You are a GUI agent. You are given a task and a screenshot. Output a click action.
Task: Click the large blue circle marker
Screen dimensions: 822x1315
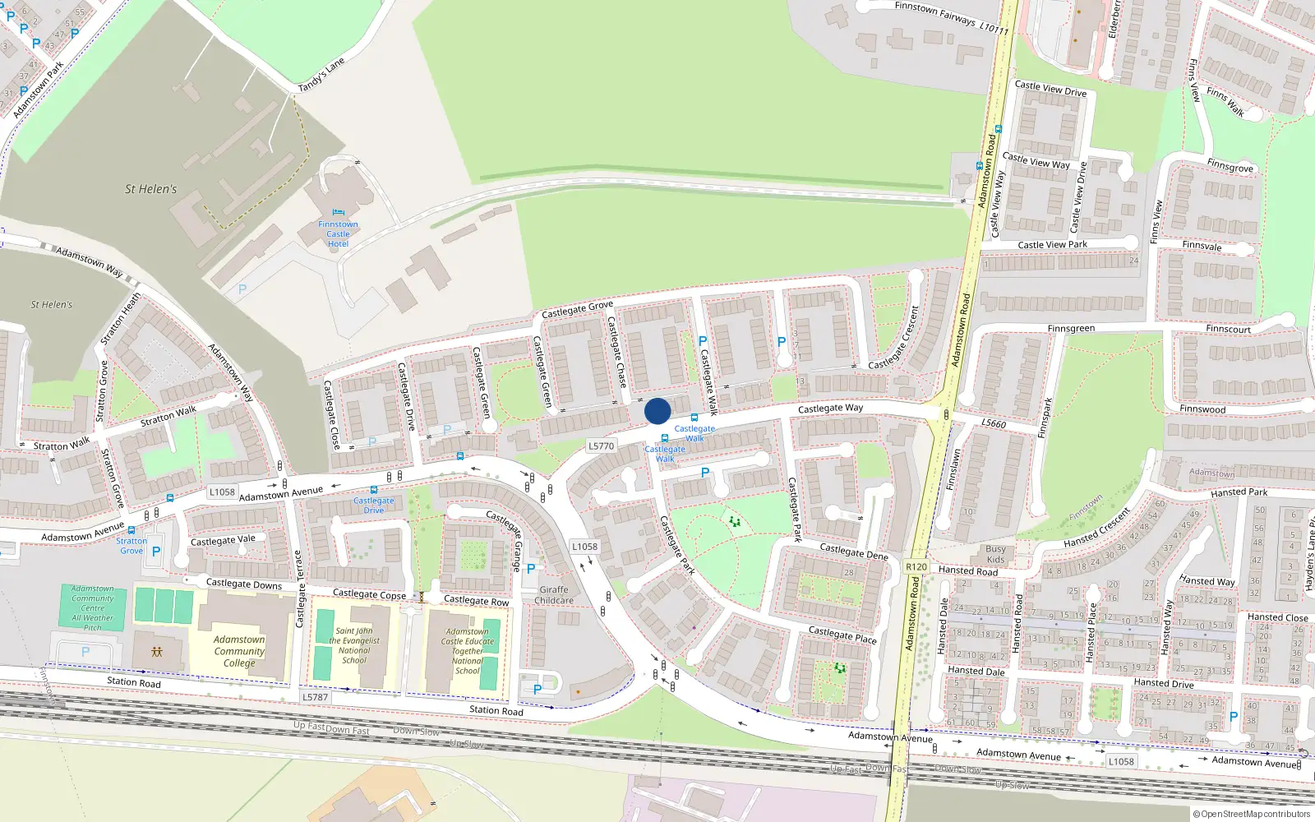pos(657,411)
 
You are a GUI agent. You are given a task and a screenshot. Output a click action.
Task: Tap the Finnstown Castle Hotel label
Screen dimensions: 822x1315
pos(338,234)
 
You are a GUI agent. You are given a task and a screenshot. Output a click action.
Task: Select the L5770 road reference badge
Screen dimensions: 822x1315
pos(601,446)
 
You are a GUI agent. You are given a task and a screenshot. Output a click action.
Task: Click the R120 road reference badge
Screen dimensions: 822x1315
pos(916,567)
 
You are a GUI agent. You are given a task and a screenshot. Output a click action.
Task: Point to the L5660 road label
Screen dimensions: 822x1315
pos(994,423)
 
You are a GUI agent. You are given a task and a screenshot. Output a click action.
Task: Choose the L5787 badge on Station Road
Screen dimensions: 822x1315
pos(315,697)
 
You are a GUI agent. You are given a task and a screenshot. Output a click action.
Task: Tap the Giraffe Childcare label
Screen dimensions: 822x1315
pos(554,595)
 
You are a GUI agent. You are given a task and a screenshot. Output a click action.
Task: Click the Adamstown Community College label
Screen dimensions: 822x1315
pos(239,651)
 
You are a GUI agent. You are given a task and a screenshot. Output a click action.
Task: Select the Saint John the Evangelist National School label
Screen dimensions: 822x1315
pos(354,645)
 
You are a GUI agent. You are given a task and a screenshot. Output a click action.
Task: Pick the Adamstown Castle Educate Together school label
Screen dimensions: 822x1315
pos(468,651)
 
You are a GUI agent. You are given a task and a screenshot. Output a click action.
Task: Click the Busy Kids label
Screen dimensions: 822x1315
pos(995,554)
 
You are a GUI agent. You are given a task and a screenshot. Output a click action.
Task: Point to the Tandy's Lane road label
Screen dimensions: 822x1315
pos(321,76)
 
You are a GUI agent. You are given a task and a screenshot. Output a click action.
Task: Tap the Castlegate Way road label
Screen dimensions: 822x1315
pos(830,408)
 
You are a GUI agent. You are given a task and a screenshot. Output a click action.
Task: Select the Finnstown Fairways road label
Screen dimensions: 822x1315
pos(951,16)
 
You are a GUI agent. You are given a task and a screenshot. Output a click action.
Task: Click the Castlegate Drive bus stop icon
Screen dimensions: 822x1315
pos(374,490)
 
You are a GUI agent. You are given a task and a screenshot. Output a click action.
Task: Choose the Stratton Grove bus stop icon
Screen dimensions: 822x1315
pos(131,530)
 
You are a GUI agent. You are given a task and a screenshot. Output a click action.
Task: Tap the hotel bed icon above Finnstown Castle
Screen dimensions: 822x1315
pos(338,213)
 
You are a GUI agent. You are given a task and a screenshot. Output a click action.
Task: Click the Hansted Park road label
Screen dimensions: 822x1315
pos(1239,492)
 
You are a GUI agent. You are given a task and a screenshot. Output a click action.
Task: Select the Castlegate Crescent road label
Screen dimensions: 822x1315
pos(894,339)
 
